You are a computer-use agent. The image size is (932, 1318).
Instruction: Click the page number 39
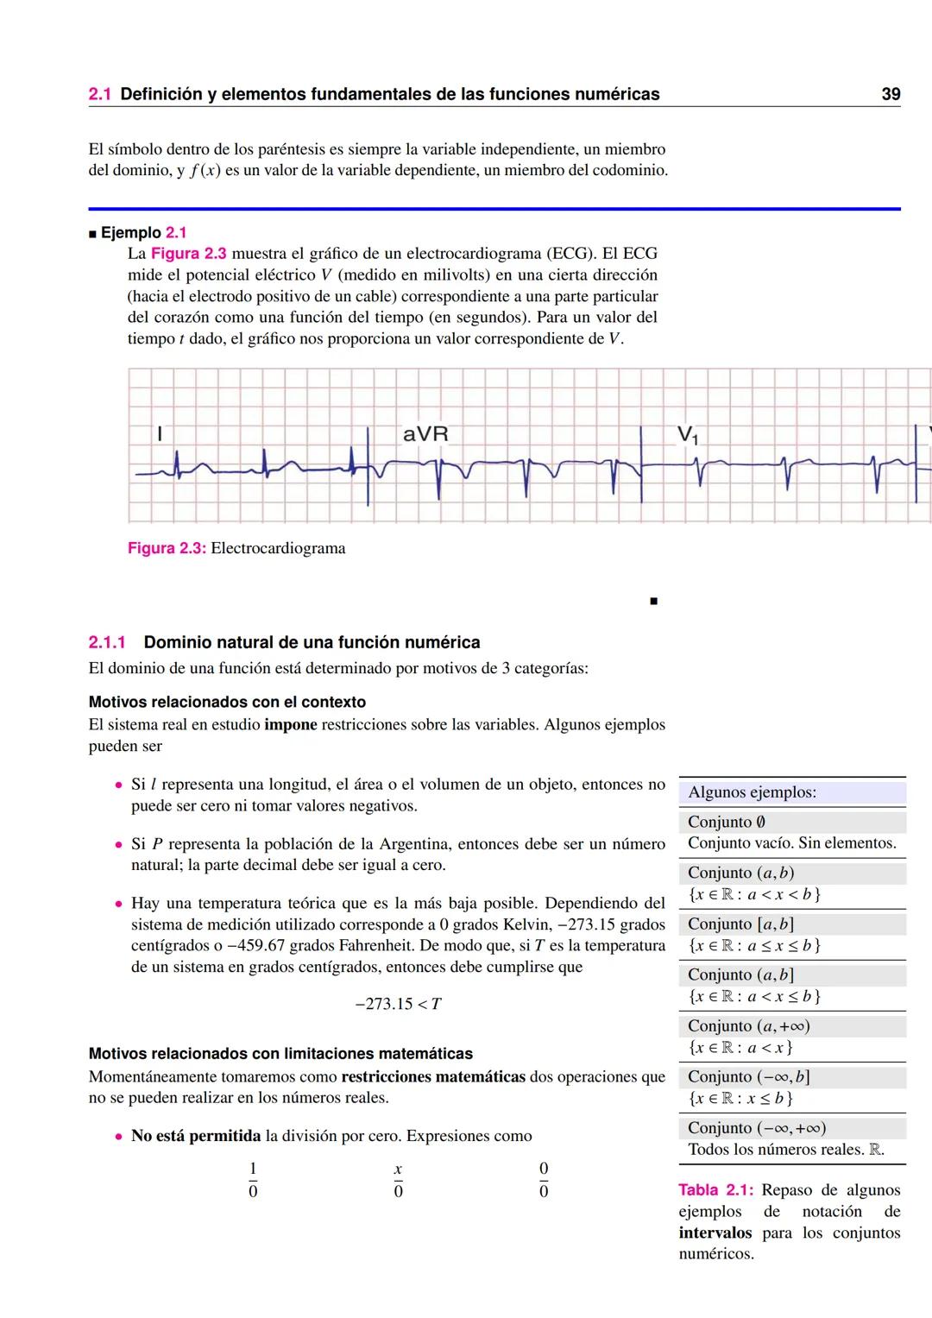click(891, 94)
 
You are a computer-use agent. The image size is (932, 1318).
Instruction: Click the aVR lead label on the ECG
click(425, 433)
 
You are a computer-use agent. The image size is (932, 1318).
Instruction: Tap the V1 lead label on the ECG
click(687, 435)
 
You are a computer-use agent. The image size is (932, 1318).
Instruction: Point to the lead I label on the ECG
click(159, 434)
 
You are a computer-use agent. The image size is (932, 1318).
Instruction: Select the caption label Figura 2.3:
click(167, 548)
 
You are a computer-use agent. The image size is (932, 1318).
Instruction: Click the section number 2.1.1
click(107, 642)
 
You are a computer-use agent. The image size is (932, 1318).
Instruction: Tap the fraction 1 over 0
click(253, 1180)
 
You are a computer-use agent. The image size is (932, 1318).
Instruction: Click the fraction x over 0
click(398, 1180)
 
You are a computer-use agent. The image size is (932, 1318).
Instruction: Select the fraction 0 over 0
click(544, 1180)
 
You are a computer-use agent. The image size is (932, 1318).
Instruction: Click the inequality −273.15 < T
click(399, 1004)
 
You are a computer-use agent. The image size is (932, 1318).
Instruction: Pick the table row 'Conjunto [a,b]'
click(740, 924)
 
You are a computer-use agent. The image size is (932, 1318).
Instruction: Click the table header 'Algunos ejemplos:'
click(752, 792)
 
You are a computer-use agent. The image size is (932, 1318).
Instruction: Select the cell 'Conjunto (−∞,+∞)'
click(757, 1127)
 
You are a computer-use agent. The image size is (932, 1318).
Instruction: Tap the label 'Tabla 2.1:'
click(715, 1190)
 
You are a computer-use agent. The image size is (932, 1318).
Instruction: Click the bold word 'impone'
click(290, 724)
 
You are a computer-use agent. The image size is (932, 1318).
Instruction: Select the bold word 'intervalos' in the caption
click(715, 1233)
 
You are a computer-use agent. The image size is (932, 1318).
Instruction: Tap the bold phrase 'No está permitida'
click(196, 1136)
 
